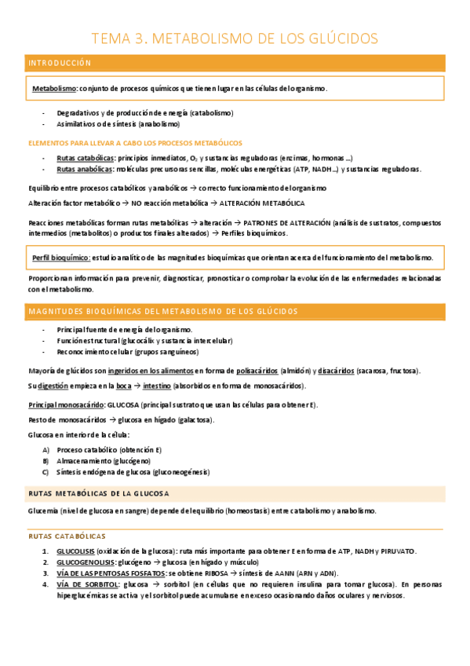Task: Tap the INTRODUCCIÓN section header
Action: (60, 63)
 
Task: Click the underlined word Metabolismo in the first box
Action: (54, 89)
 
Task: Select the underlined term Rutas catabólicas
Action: (85, 158)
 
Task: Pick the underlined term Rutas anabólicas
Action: (84, 169)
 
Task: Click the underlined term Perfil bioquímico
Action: (61, 258)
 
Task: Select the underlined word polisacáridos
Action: (260, 371)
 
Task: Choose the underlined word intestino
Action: (157, 386)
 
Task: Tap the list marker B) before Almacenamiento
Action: (46, 461)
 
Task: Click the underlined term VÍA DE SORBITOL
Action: (88, 584)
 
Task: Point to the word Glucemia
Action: (44, 510)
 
